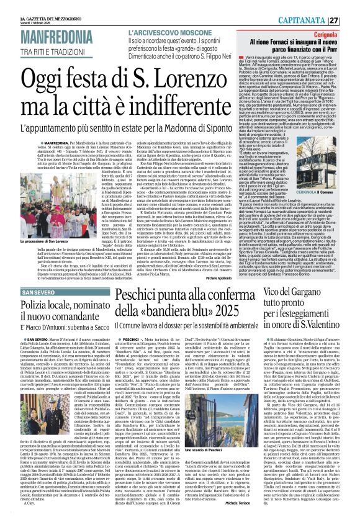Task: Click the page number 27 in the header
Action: [351, 20]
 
